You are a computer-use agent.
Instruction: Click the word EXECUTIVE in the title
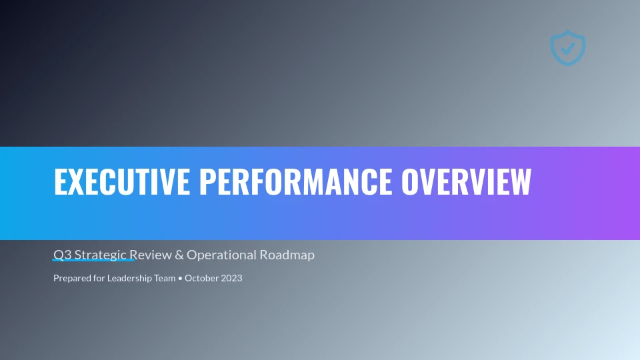click(122, 181)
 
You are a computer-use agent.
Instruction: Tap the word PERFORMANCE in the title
click(295, 181)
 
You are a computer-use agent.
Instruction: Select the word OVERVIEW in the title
click(466, 181)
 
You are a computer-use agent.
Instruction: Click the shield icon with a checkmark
click(568, 48)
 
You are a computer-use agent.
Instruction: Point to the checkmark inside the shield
click(567, 49)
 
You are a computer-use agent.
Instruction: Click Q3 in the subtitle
click(63, 255)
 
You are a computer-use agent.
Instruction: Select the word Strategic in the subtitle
click(101, 255)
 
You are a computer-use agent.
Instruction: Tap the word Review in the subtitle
click(151, 255)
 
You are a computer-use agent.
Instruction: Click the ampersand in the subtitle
click(179, 255)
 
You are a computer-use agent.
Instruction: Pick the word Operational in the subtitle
click(221, 255)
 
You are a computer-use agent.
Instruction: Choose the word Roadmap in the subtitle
click(287, 255)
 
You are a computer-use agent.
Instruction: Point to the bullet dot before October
click(180, 279)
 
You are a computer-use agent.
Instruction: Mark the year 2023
click(232, 278)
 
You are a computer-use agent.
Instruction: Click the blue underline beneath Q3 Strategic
click(93, 259)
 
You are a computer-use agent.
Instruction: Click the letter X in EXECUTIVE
click(75, 181)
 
